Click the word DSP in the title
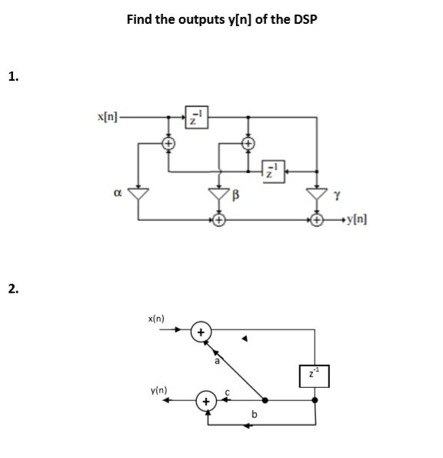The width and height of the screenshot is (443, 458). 305,19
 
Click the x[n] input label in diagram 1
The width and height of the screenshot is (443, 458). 108,117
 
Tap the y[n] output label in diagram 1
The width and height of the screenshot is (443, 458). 357,219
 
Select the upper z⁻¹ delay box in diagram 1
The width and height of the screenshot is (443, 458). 197,117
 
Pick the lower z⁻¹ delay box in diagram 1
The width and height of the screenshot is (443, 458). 273,172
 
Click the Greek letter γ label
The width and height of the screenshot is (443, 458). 337,196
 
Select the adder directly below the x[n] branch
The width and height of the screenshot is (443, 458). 168,143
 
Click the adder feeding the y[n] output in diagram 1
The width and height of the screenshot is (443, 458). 317,219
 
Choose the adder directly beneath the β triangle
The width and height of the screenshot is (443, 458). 219,219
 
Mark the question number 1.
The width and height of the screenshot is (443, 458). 13,76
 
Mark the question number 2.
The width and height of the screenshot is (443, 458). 13,289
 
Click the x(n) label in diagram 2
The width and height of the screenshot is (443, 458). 156,319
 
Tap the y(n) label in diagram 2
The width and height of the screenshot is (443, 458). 158,390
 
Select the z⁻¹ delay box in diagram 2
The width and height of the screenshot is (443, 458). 315,376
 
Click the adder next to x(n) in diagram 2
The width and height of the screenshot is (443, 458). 201,332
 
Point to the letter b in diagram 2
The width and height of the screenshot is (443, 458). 255,414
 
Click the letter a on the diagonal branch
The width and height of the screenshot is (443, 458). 217,361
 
